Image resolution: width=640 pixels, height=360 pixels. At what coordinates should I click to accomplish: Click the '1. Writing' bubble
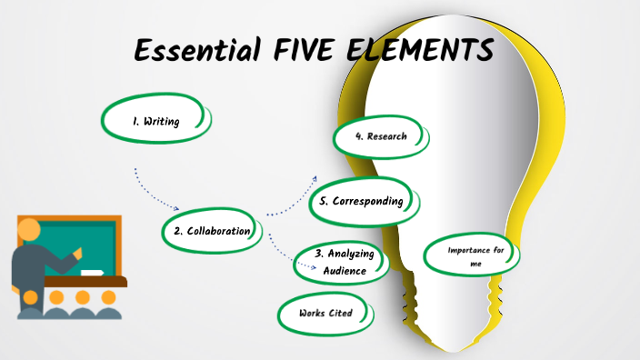155,120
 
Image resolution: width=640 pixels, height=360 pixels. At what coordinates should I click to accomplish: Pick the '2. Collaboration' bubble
212,231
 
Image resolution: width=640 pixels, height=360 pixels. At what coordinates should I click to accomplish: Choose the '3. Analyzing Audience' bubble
345,262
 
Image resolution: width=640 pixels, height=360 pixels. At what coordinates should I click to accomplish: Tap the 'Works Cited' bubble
325,314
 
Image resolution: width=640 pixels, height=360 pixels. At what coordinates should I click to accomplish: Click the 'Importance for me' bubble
473,255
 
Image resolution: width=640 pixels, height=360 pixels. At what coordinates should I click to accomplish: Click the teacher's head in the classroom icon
30,229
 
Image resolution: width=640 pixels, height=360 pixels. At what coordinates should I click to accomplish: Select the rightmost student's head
108,296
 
